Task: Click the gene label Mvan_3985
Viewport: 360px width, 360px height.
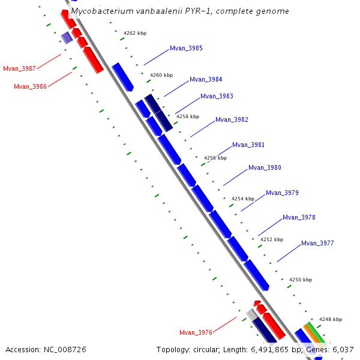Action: click(x=186, y=48)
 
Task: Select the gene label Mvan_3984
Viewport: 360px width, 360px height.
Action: click(x=206, y=79)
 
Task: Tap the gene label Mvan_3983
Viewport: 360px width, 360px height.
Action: click(x=217, y=96)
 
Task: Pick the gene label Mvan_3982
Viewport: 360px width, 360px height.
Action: click(x=232, y=119)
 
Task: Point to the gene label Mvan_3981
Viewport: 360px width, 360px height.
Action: click(x=248, y=145)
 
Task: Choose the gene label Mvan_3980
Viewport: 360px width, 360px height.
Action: click(x=265, y=167)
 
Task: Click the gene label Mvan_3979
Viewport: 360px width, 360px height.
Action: click(x=282, y=193)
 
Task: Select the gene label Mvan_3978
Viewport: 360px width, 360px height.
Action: click(x=299, y=217)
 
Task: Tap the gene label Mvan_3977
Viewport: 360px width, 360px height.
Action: click(x=317, y=243)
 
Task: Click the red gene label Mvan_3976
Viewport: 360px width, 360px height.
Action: click(x=196, y=332)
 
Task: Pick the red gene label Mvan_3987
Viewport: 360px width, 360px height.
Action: click(x=19, y=68)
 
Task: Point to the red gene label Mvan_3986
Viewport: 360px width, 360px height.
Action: click(x=30, y=86)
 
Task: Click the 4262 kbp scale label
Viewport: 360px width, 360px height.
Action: click(x=135, y=33)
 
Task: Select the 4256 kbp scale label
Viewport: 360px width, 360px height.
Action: click(x=215, y=158)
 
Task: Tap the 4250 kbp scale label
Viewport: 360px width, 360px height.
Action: click(x=301, y=280)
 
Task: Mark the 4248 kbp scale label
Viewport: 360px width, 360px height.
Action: click(x=330, y=319)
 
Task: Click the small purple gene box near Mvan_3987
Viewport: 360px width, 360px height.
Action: click(x=67, y=38)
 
